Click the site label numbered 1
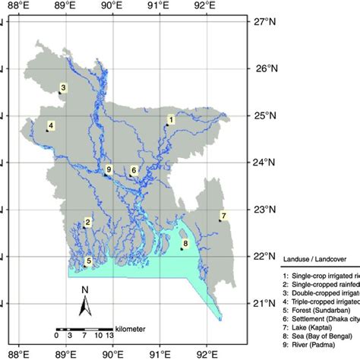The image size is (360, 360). (172, 119)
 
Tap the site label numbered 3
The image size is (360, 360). (63, 88)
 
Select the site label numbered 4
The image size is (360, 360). (51, 125)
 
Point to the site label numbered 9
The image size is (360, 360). (109, 169)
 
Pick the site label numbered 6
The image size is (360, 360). (134, 171)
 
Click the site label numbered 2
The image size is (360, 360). (88, 222)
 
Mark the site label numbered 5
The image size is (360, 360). (89, 261)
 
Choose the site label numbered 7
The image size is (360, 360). (223, 215)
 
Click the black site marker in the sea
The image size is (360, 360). (182, 248)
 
